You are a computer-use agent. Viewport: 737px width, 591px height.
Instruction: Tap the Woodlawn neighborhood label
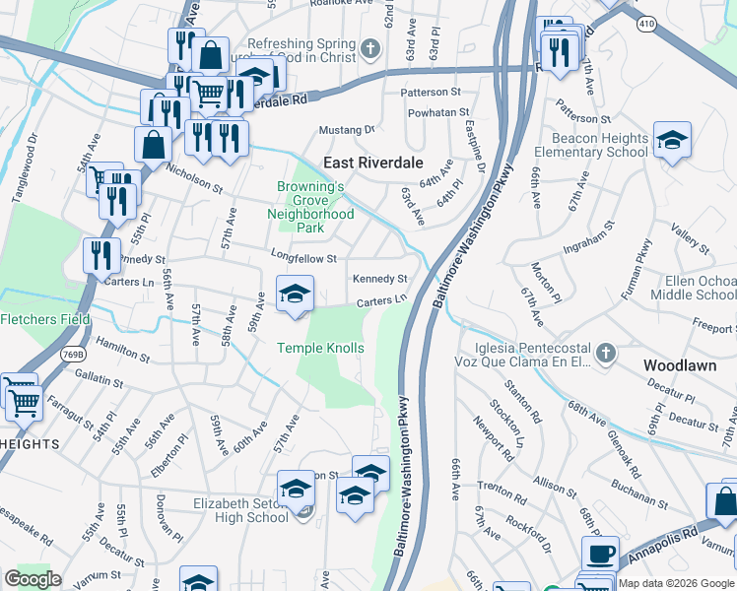tap(679, 364)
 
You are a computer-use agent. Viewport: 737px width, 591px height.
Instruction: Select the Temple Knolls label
tap(320, 348)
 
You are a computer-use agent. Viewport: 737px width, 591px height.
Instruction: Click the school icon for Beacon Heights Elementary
tap(672, 141)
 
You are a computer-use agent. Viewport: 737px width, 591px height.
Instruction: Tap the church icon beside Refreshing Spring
tap(371, 48)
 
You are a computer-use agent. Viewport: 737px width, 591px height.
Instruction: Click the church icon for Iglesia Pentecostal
tap(606, 352)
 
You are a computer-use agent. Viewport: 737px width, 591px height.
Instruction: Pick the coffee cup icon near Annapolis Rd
tap(600, 554)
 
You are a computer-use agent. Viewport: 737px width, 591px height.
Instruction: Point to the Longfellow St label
tap(304, 258)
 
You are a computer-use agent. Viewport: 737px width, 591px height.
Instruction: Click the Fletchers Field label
tap(44, 319)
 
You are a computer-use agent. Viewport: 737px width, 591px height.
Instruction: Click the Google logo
tap(33, 579)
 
